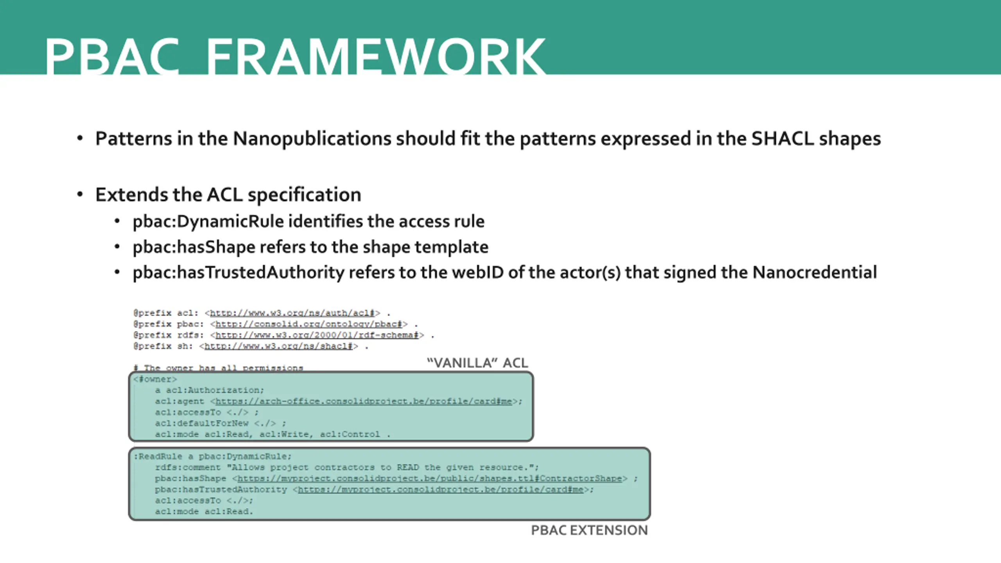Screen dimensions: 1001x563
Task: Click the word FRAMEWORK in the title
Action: pos(375,57)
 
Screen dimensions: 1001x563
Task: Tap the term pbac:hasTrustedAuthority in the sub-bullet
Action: pos(239,273)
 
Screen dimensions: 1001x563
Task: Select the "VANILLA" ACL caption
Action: pos(477,363)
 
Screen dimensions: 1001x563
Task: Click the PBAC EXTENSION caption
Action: pos(589,530)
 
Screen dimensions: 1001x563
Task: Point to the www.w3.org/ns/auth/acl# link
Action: pos(292,313)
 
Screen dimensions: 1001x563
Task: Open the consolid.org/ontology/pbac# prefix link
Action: pos(309,324)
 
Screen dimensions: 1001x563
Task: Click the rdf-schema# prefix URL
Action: pos(317,335)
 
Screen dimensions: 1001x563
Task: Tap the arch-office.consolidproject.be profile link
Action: pos(364,402)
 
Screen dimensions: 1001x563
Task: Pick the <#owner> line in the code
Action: pos(155,379)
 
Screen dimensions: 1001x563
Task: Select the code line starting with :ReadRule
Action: pos(213,457)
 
